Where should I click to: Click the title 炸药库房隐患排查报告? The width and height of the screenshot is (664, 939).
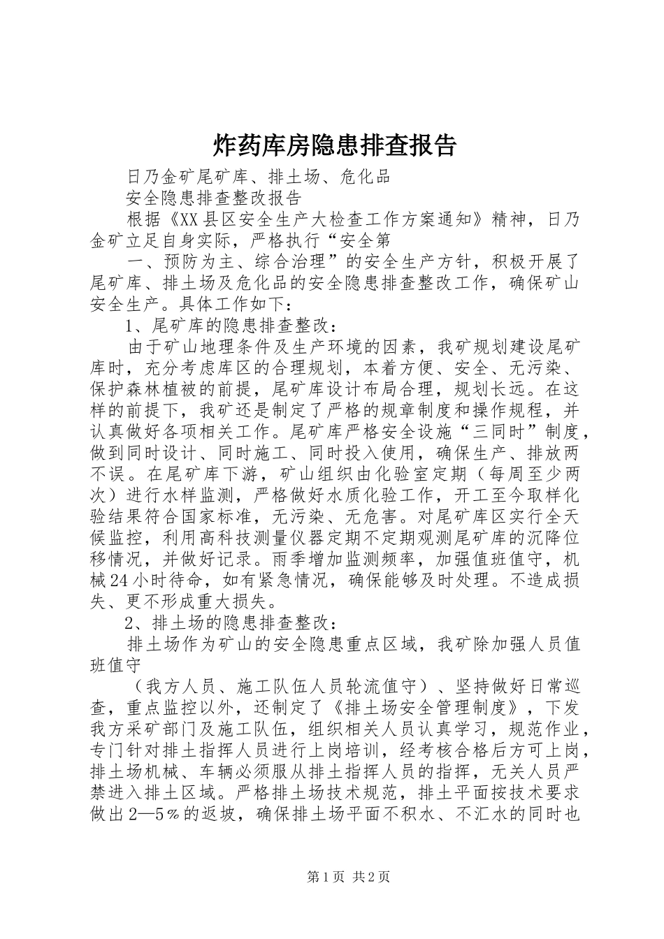[x=333, y=145]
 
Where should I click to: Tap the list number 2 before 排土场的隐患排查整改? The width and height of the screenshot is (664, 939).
[x=130, y=623]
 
